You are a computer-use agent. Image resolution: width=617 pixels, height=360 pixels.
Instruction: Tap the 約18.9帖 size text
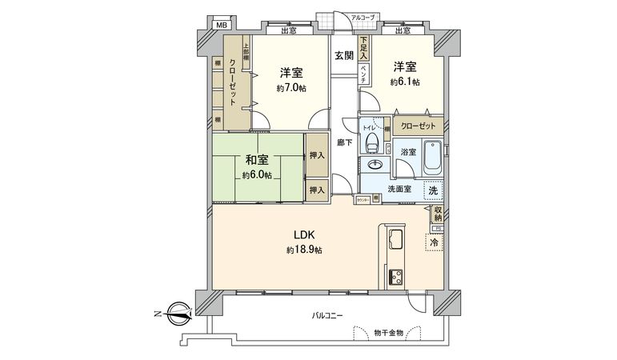point(304,250)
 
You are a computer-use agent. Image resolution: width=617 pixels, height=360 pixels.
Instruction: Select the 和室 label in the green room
point(257,158)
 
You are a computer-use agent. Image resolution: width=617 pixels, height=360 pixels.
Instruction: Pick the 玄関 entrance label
point(344,55)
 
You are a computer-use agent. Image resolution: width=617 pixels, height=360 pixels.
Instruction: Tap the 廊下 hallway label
point(344,142)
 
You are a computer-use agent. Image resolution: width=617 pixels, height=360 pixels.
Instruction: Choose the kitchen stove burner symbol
point(396,278)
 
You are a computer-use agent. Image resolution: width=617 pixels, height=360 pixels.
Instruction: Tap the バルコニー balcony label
point(327,315)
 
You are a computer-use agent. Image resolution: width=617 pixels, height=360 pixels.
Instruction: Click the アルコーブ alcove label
point(363,16)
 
